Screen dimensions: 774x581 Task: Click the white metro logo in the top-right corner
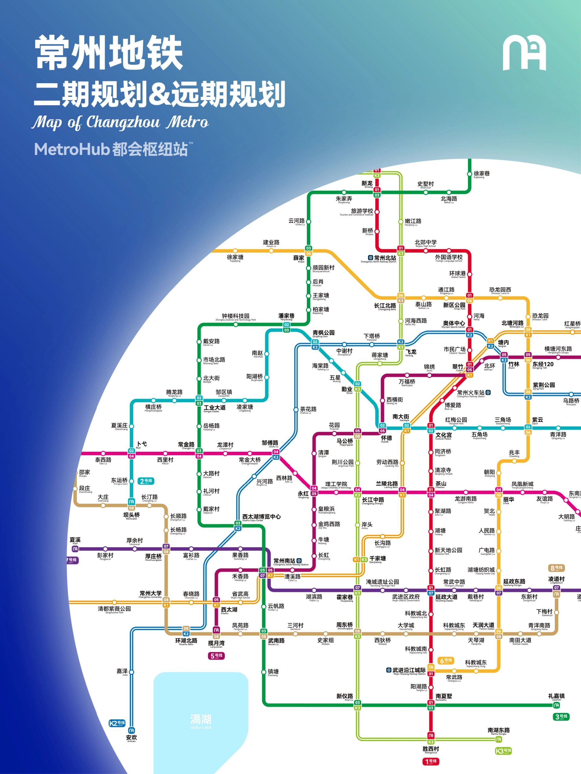click(x=524, y=54)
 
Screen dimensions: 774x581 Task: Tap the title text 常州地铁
click(x=109, y=54)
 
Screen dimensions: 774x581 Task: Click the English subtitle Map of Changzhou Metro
click(x=120, y=122)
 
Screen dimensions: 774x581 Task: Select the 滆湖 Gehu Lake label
click(x=201, y=721)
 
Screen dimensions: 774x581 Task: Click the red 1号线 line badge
click(x=431, y=761)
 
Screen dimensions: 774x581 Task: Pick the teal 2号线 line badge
click(x=146, y=481)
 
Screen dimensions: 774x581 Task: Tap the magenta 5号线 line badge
click(x=216, y=656)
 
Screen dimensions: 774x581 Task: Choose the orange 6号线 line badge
click(x=446, y=661)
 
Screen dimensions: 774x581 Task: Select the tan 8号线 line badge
click(x=556, y=568)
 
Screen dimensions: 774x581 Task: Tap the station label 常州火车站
click(x=471, y=393)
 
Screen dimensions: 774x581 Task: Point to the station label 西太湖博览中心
click(x=261, y=517)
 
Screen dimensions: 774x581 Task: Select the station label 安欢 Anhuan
click(x=132, y=737)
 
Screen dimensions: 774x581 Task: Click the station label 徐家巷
click(x=482, y=174)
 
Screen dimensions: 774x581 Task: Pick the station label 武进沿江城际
click(x=409, y=670)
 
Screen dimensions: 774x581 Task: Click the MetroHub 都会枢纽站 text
click(x=111, y=149)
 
